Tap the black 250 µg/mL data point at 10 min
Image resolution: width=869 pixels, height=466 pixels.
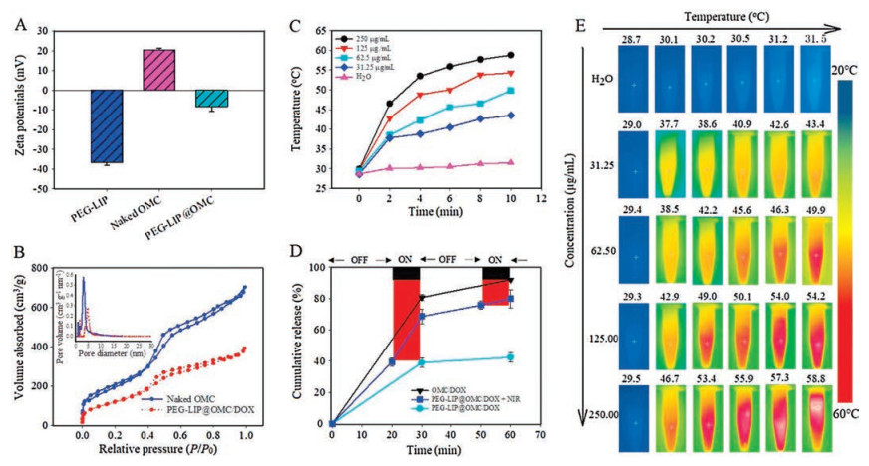(x=511, y=55)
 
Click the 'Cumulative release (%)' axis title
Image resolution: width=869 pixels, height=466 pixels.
(x=296, y=346)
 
